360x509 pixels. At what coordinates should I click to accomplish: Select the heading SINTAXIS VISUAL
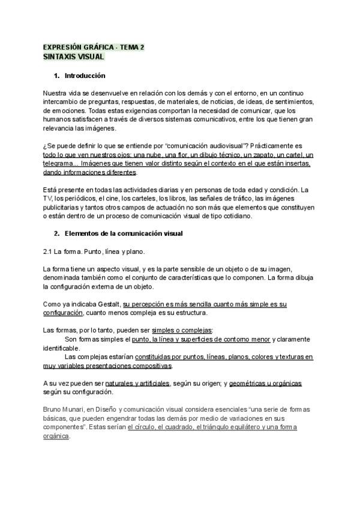tap(74, 56)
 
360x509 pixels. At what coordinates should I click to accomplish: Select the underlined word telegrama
tap(61, 163)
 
